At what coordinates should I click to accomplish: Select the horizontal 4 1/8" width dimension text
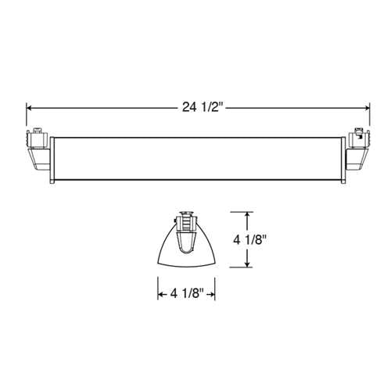pyautogui.click(x=187, y=294)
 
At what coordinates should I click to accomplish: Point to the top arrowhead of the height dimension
pyautogui.click(x=249, y=214)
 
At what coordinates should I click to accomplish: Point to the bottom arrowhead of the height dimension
pyautogui.click(x=249, y=265)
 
